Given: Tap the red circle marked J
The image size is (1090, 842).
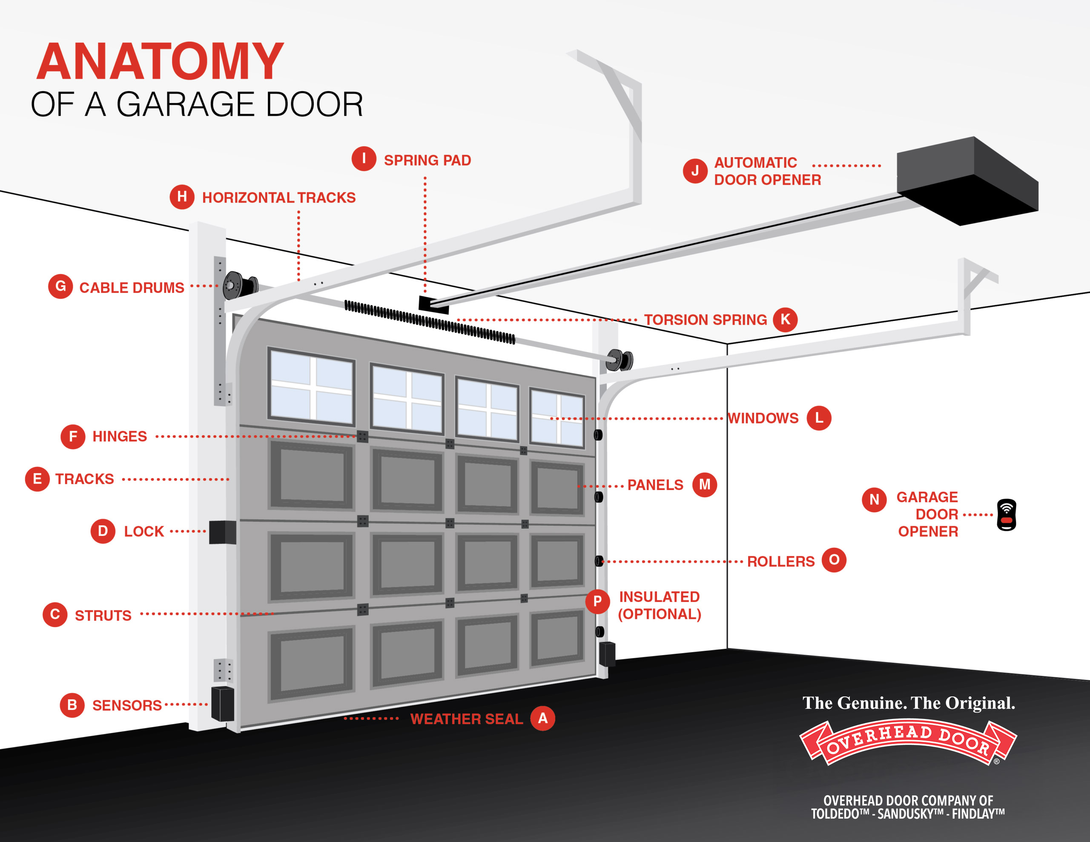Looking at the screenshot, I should tap(695, 171).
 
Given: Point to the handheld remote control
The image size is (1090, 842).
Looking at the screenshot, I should tap(1006, 515).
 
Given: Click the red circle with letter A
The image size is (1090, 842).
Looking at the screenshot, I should tap(542, 718).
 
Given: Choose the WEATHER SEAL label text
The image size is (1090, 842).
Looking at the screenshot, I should tap(466, 719).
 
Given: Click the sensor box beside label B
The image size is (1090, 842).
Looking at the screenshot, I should tap(223, 704).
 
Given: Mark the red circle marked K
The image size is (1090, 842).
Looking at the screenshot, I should tap(785, 319).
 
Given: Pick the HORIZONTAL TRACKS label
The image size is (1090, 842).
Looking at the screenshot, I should tap(278, 198).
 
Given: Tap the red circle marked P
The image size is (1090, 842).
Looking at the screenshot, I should tap(597, 601).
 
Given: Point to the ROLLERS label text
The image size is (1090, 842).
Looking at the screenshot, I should tap(780, 561).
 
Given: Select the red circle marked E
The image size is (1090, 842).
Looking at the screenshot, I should tap(37, 479).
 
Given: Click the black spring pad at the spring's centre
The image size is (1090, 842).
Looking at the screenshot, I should tap(433, 304).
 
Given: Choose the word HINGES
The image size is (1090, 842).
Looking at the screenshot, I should tap(120, 437).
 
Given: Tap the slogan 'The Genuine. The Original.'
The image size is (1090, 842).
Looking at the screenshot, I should tap(908, 703).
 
